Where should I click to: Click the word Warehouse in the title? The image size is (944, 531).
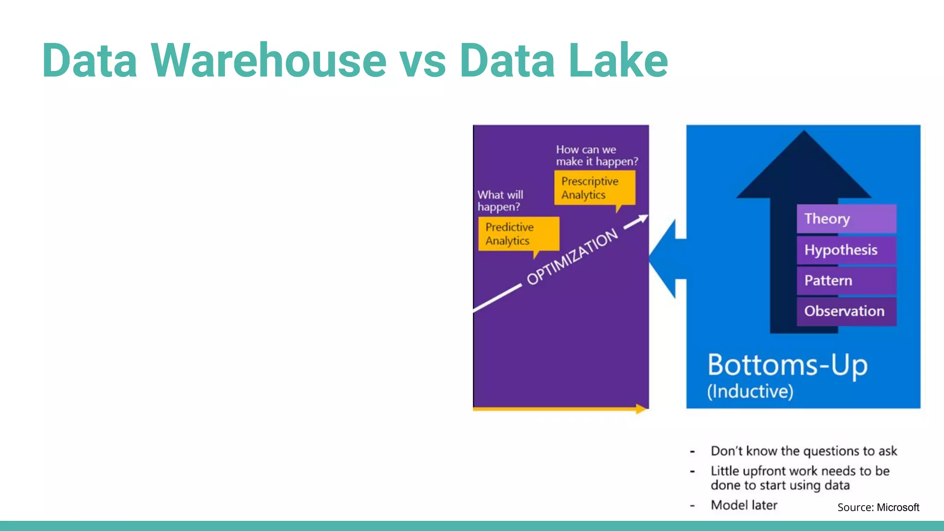click(268, 60)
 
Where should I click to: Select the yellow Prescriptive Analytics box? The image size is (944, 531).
click(595, 188)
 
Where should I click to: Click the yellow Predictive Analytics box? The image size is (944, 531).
click(519, 234)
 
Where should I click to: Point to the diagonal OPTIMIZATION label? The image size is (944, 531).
click(572, 257)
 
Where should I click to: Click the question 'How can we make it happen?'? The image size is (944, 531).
click(596, 155)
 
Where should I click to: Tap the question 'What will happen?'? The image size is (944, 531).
click(500, 201)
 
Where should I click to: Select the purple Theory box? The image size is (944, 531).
click(846, 218)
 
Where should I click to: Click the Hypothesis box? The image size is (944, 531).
click(846, 250)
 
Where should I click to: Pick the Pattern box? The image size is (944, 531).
click(846, 280)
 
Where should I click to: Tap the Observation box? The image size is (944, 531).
click(846, 311)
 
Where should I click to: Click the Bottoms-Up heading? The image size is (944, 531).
click(787, 365)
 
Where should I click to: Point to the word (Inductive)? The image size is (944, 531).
click(750, 391)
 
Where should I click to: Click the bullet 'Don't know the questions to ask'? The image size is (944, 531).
click(803, 451)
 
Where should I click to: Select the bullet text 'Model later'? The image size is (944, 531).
click(744, 505)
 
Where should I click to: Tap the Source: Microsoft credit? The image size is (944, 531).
click(878, 507)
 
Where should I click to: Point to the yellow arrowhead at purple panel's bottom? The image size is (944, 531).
click(641, 409)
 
